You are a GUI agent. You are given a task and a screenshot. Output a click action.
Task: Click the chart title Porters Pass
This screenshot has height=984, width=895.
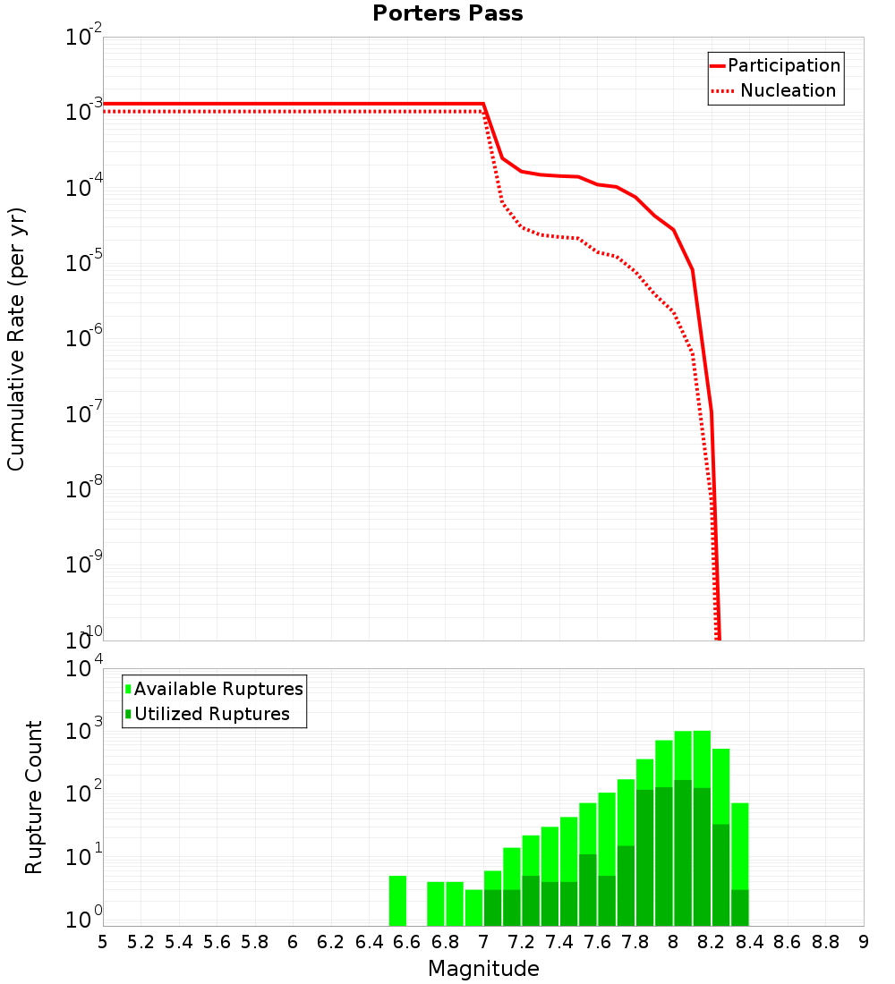click(x=447, y=13)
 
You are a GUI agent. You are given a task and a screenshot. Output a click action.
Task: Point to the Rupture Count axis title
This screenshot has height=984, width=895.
click(x=34, y=796)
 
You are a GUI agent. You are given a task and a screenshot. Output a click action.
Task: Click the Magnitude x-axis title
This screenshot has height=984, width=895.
click(x=483, y=969)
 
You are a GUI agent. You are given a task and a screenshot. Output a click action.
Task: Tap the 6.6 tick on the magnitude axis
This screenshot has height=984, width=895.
click(x=406, y=942)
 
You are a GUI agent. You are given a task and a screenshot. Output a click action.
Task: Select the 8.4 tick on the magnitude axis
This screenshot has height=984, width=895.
click(x=750, y=942)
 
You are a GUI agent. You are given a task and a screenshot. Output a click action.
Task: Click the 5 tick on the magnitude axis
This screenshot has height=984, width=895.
click(x=103, y=942)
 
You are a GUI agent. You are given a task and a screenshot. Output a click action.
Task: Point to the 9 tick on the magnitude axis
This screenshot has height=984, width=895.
click(x=864, y=942)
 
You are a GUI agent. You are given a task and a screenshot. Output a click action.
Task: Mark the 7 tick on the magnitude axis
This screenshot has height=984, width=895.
click(x=483, y=942)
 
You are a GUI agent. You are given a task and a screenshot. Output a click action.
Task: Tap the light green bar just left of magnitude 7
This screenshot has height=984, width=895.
click(x=474, y=907)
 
